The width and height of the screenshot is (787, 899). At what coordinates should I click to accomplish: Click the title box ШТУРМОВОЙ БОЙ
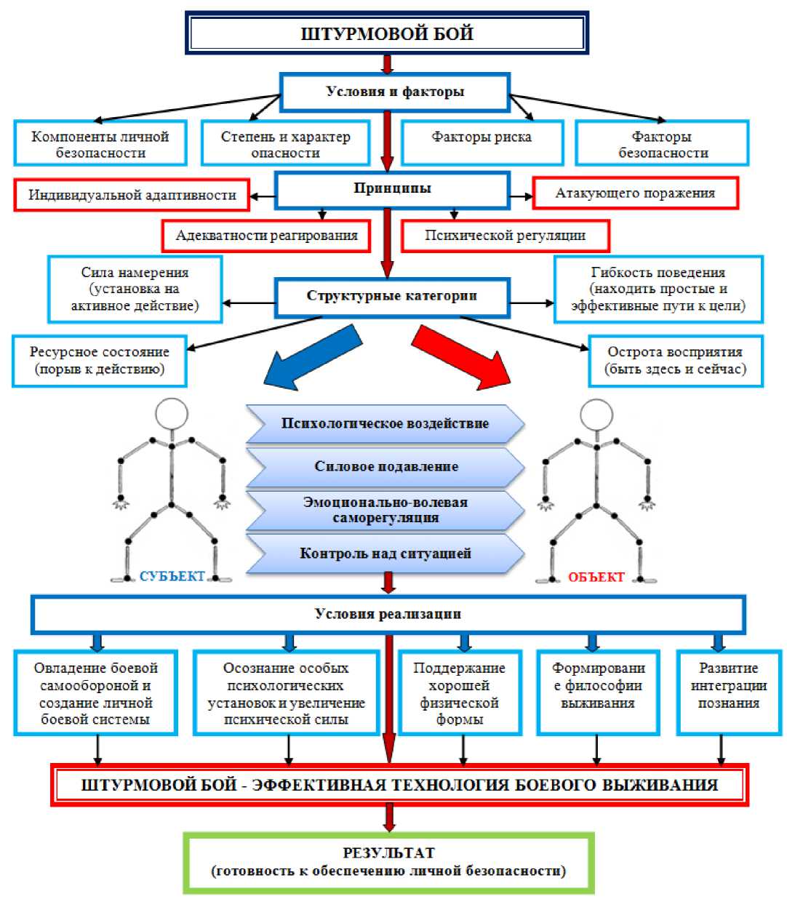[386, 33]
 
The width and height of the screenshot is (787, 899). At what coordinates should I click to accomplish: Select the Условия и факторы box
[394, 92]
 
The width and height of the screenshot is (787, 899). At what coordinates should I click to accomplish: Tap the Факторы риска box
[482, 142]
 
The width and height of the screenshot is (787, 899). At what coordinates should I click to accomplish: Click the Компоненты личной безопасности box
[100, 144]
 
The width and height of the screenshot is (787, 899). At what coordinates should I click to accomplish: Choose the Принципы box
[392, 189]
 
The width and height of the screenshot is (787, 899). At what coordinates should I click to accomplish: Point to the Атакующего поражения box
[635, 193]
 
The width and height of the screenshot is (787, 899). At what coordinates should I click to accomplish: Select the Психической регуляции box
[505, 236]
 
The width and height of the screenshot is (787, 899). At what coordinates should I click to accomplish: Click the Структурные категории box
[391, 296]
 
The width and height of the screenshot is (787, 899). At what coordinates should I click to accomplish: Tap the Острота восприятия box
[675, 361]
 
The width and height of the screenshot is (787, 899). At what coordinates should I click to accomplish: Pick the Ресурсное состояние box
[100, 361]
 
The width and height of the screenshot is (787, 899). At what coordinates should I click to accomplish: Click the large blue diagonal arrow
[311, 357]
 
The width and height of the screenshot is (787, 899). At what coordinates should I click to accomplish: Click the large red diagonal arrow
[463, 356]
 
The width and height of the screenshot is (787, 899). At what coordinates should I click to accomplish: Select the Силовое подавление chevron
[385, 467]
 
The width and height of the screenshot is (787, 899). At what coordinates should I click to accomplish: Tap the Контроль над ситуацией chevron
[385, 554]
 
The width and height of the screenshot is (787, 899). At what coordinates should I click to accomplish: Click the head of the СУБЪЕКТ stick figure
[172, 414]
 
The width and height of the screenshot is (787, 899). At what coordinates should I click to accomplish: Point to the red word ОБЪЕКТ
[596, 577]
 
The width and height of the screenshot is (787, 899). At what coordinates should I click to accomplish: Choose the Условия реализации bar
[388, 615]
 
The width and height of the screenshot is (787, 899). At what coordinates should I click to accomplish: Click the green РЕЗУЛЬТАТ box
[388, 862]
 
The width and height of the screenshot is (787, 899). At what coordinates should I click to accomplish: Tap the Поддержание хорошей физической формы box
[460, 693]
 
